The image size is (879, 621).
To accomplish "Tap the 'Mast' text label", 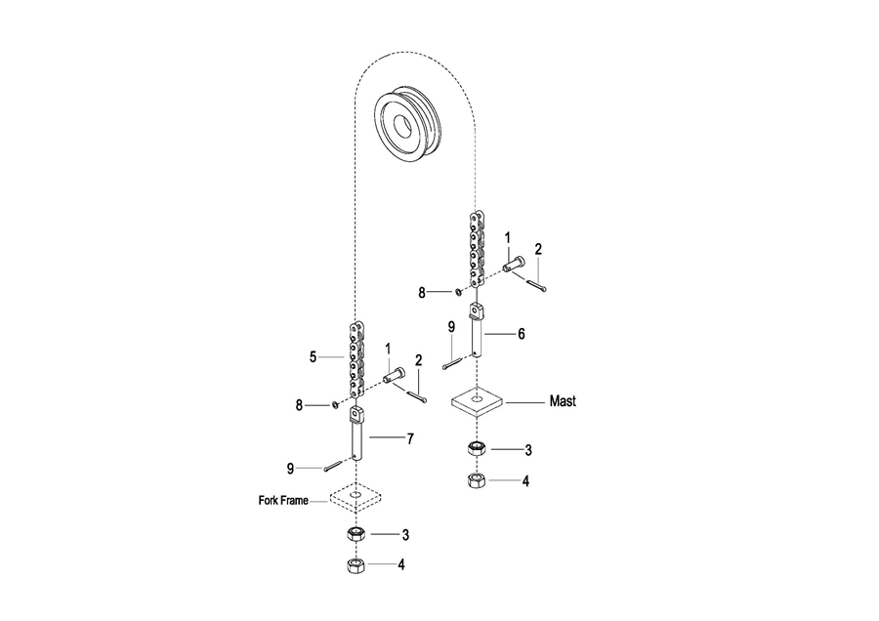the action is [x=563, y=401].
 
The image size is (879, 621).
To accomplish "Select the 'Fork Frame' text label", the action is [x=283, y=500].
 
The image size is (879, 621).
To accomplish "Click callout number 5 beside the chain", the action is [x=313, y=357].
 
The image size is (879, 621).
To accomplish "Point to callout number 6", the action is [x=522, y=334].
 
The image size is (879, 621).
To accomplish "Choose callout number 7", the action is [x=410, y=438].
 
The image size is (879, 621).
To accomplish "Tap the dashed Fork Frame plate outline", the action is [x=356, y=497].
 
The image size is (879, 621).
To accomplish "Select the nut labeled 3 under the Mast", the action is [x=477, y=448].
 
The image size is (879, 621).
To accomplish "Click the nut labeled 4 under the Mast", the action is [x=477, y=480].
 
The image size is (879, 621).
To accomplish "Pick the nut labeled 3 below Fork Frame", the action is [x=356, y=533].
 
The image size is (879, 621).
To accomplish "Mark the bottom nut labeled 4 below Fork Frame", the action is [x=356, y=565].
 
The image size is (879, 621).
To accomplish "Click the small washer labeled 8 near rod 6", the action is [x=457, y=291].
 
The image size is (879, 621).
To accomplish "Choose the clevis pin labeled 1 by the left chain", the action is [x=394, y=374].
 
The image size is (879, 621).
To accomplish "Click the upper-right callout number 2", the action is [x=538, y=249].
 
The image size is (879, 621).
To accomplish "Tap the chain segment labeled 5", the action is [x=356, y=360].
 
